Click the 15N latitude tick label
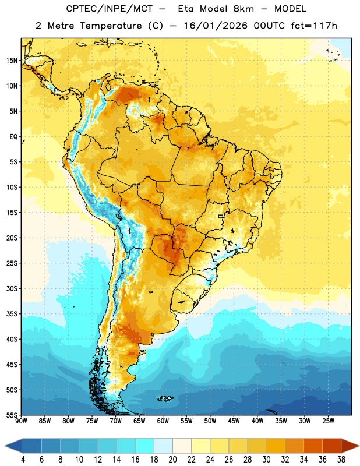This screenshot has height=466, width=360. (12, 61)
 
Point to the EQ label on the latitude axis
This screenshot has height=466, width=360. (13, 137)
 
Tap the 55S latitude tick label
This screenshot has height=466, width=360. (12, 415)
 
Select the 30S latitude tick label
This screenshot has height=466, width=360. (12, 288)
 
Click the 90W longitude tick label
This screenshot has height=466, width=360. (21, 421)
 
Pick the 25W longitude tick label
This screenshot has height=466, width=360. (328, 421)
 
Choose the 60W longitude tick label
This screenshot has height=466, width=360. (163, 421)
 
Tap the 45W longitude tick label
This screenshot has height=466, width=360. (234, 421)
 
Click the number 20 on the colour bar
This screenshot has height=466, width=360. (172, 460)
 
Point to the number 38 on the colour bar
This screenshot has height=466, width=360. (341, 460)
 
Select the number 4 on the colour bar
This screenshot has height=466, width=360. (23, 460)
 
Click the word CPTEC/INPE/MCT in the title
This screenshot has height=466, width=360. (110, 9)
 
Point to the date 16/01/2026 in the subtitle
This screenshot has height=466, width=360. (216, 26)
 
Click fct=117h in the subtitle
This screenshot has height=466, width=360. (314, 26)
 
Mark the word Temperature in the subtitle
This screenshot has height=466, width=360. (111, 26)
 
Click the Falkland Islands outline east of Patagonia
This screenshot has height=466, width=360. (165, 398)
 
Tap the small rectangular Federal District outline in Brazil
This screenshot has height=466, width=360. (221, 217)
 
